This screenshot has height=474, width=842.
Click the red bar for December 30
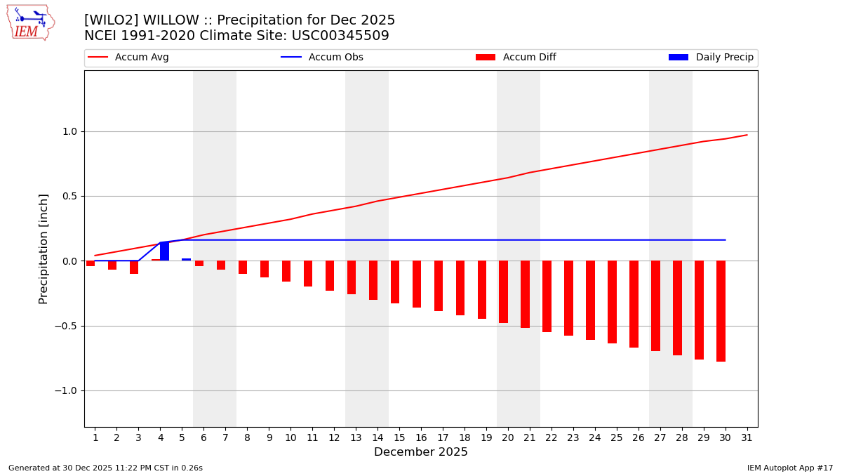[x=721, y=311]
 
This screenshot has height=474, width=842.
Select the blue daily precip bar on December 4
[x=164, y=251]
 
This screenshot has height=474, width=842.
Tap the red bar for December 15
[x=395, y=282]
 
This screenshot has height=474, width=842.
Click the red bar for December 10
[x=286, y=271]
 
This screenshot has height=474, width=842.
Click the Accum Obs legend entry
[x=323, y=58]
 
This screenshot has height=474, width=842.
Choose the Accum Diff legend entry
[x=516, y=58]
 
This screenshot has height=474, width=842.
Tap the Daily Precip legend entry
[x=711, y=58]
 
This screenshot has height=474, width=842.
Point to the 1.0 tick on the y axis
[x=69, y=131]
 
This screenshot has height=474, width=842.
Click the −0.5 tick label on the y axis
[x=67, y=326]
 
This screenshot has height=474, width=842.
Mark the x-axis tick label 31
[x=747, y=437]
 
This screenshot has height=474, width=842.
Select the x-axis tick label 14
[x=377, y=437]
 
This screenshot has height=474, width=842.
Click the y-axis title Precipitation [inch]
[x=44, y=249]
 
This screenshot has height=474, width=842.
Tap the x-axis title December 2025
[x=421, y=452]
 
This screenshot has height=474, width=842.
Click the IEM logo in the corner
[x=30, y=22]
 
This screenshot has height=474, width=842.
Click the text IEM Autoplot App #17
[x=790, y=468]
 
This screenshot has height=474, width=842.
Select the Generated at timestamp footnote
[x=105, y=468]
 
